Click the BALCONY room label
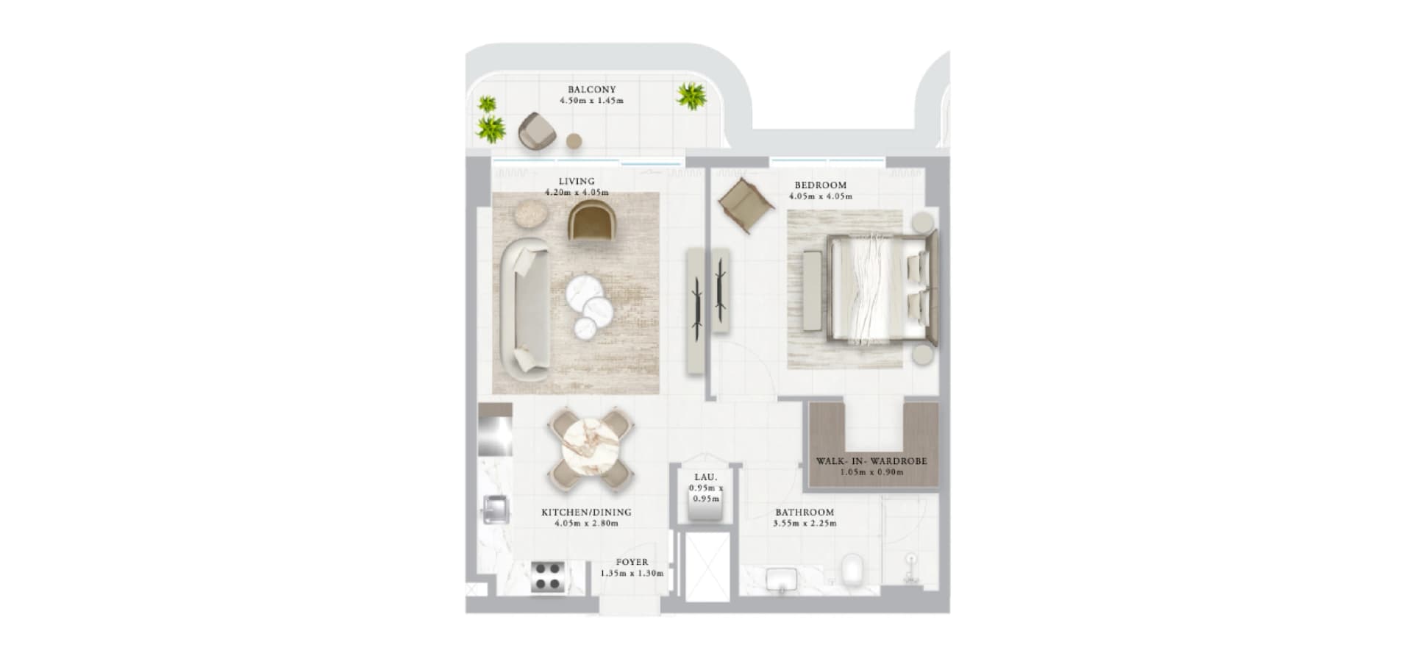tap(591, 90)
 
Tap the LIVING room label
tap(577, 182)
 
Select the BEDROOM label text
tap(820, 185)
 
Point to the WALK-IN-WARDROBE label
tap(871, 461)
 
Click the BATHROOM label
tap(805, 513)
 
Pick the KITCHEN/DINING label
tap(586, 513)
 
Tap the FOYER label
tap(632, 563)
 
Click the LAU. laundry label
tap(705, 477)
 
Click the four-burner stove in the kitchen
tap(548, 577)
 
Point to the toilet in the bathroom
tap(854, 571)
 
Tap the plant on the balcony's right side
tap(691, 96)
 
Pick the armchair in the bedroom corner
tap(746, 205)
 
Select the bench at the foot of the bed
tap(812, 290)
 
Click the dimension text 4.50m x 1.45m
tap(591, 101)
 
